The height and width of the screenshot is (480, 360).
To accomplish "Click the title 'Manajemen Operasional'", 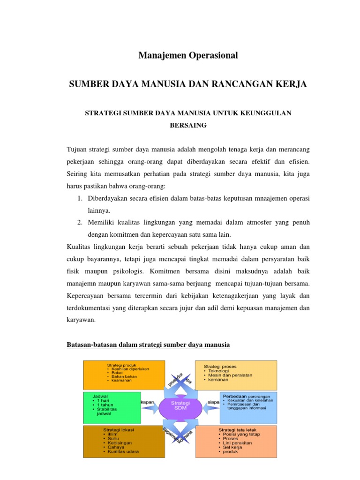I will coord(188,56).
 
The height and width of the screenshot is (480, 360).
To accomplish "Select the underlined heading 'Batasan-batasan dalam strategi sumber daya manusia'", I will coord(149,345).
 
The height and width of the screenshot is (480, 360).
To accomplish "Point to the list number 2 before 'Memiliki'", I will coord(80,222).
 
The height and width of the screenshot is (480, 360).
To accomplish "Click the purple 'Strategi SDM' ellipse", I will coord(180,406).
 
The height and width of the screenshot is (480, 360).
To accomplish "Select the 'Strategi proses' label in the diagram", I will coord(220,366).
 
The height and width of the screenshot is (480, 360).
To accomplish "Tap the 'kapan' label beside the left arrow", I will coord(148,402).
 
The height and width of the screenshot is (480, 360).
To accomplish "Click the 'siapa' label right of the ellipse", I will coord(214,402).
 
